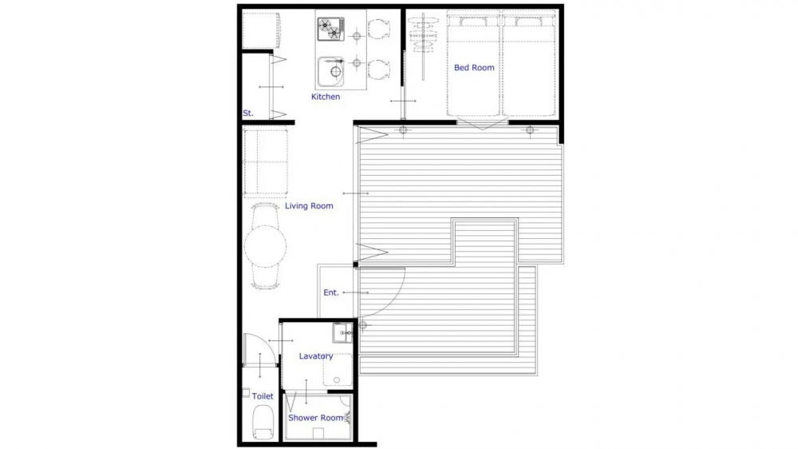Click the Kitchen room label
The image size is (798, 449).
click(326, 97)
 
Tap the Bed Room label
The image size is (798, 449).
click(474, 67)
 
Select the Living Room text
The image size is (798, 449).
click(309, 206)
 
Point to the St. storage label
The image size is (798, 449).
click(248, 113)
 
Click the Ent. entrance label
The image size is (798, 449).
click(331, 292)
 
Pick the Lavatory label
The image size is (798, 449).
click(316, 356)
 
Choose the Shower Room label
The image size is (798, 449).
click(315, 418)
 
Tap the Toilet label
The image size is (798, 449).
click(263, 396)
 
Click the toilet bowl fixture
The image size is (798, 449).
click(263, 422)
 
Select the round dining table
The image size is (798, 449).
click(265, 246)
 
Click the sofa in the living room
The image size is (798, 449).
click(265, 162)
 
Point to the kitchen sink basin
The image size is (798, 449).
click(331, 72)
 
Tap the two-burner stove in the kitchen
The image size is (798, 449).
click(331, 29)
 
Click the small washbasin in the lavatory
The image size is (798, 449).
click(342, 333)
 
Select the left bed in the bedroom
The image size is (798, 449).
click(473, 64)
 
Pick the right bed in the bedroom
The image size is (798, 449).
click(529, 64)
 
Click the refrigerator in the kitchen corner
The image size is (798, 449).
click(261, 30)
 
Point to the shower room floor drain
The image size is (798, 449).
click(318, 433)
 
